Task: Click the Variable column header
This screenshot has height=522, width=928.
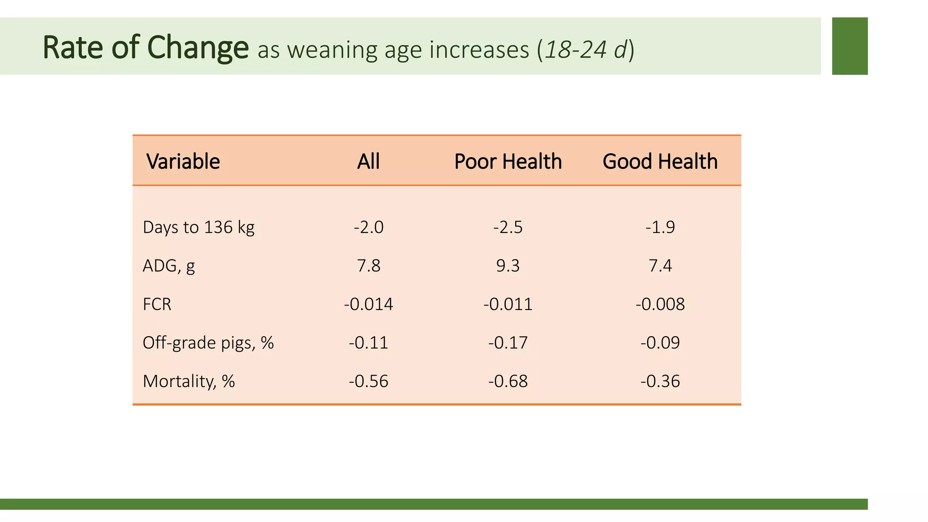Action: coord(183,161)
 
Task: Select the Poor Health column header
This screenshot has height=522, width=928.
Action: coord(507,161)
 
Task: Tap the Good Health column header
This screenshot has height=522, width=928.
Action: coord(660,161)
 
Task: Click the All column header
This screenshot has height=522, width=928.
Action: coord(368,161)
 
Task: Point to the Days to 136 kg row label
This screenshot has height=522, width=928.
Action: coord(198,227)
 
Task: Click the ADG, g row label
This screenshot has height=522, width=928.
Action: coord(169,266)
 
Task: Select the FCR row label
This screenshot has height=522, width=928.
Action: coord(157,304)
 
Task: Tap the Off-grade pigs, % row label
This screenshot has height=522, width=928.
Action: coord(208,343)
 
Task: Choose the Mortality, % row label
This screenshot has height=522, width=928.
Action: coord(188,381)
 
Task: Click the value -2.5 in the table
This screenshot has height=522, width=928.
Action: coord(507,227)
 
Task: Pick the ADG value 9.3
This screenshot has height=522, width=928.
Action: coord(507,266)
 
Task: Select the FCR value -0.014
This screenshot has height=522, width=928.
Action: coord(368,304)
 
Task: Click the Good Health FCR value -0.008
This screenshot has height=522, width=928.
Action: coord(660,304)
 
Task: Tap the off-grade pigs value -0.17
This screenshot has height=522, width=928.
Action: coord(507,343)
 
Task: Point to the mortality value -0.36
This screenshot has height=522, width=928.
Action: coord(660,381)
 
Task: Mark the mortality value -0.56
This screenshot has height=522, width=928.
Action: coord(368,381)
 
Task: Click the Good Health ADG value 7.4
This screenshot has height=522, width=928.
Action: coord(660,266)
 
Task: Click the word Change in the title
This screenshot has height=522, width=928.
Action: coord(198,48)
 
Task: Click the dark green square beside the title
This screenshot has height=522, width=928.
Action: coord(850,46)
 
